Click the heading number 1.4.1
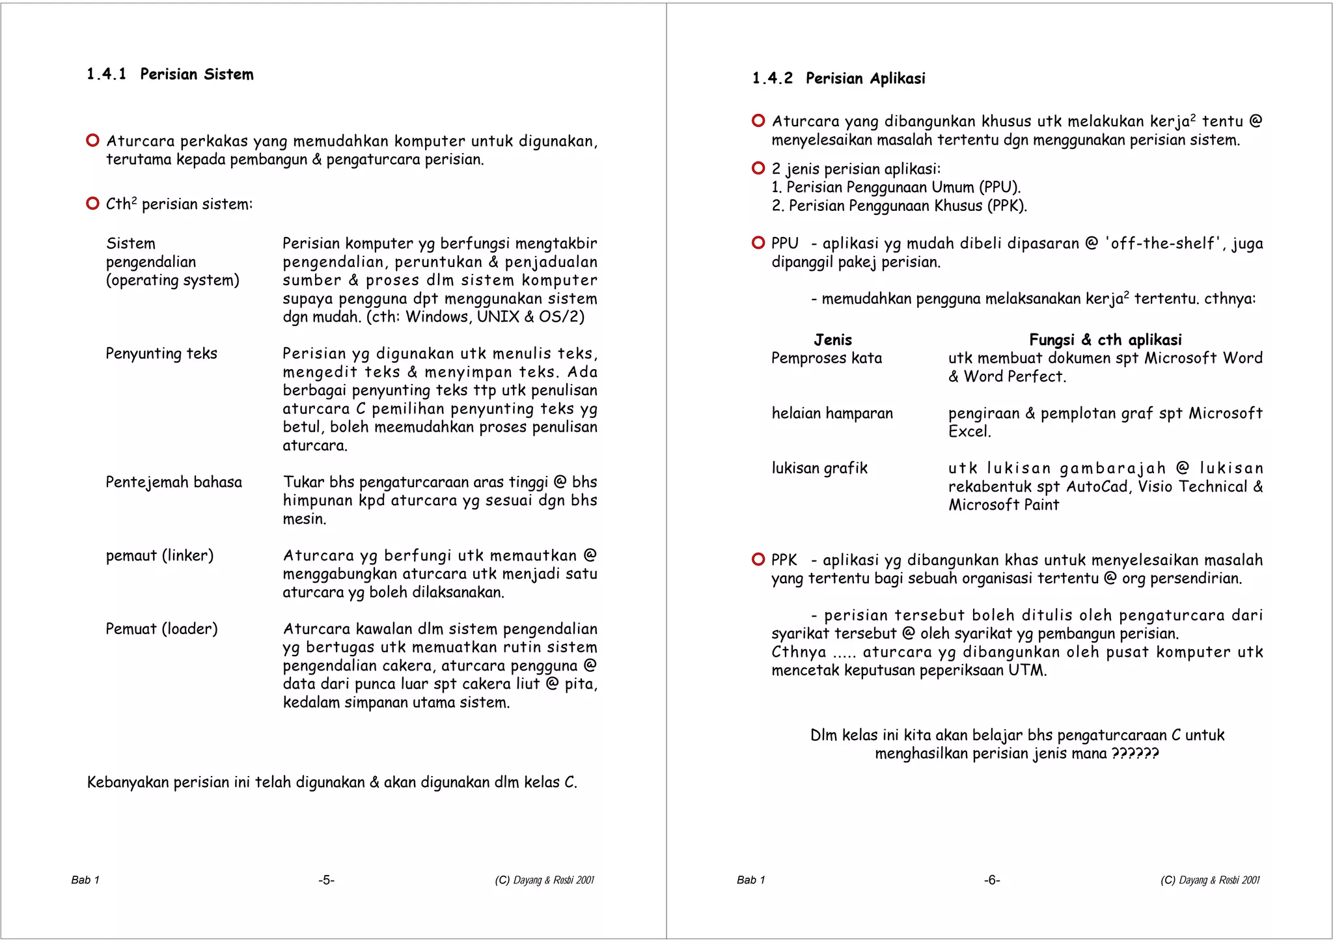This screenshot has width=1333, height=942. [106, 74]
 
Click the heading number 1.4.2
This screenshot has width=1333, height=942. [772, 79]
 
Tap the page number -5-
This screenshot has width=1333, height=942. [326, 880]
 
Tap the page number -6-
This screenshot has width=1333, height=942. [992, 880]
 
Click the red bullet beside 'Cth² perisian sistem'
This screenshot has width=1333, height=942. [92, 204]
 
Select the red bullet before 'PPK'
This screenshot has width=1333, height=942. [758, 559]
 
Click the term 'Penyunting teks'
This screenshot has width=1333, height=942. [161, 353]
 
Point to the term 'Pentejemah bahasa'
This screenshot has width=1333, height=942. [174, 482]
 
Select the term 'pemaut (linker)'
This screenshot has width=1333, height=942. [159, 556]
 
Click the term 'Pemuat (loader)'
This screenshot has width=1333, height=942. [161, 629]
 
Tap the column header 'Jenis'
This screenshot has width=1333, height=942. [832, 340]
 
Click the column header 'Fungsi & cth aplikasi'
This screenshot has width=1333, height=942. [1105, 340]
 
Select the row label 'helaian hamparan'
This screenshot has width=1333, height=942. [832, 413]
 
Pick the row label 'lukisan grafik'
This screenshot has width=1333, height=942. [819, 468]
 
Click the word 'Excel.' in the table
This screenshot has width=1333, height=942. [969, 432]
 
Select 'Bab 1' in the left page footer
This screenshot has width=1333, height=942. [85, 880]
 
